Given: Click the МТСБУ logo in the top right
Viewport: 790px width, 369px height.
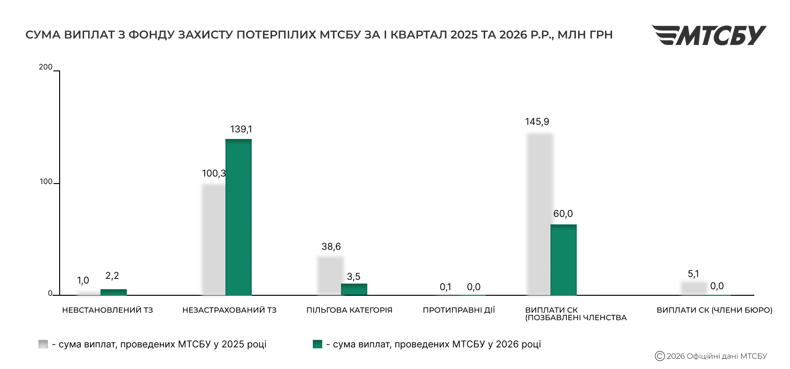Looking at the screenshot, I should click(x=709, y=35).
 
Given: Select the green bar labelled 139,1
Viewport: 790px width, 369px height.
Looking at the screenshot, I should click(x=239, y=217).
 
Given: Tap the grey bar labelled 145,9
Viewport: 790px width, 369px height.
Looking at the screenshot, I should click(x=540, y=214).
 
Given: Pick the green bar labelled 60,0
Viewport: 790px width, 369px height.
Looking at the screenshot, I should click(x=563, y=260).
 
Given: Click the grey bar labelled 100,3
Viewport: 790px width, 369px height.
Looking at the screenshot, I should click(x=214, y=239).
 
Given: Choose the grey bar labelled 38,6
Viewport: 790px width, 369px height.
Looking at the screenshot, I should click(x=331, y=275).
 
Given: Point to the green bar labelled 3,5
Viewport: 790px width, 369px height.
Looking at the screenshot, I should click(x=354, y=289).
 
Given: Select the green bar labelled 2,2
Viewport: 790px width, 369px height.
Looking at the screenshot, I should click(x=114, y=292).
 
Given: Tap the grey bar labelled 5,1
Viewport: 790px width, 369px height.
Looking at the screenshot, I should click(x=694, y=288).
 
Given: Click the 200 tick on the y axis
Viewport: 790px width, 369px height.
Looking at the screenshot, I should click(x=46, y=68).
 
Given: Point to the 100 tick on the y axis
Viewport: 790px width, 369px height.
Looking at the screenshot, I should click(x=46, y=182).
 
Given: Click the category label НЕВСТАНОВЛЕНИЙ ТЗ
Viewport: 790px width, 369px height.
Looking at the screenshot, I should click(x=108, y=310).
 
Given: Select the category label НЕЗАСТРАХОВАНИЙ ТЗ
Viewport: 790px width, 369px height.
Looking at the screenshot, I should click(x=229, y=310).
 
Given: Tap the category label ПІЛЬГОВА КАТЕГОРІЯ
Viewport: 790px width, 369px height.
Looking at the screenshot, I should click(x=349, y=310).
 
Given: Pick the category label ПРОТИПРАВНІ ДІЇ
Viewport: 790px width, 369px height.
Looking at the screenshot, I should click(x=458, y=310).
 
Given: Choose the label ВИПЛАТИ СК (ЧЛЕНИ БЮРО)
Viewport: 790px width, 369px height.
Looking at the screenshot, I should click(x=714, y=310).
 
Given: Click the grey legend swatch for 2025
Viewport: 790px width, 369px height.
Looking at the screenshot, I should click(x=43, y=344).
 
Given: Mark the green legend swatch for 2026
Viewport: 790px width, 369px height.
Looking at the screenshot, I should click(x=318, y=344).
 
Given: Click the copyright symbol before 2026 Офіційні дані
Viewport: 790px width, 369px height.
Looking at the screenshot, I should click(x=659, y=356).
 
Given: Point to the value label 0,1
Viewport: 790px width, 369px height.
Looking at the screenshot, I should click(x=445, y=287).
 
